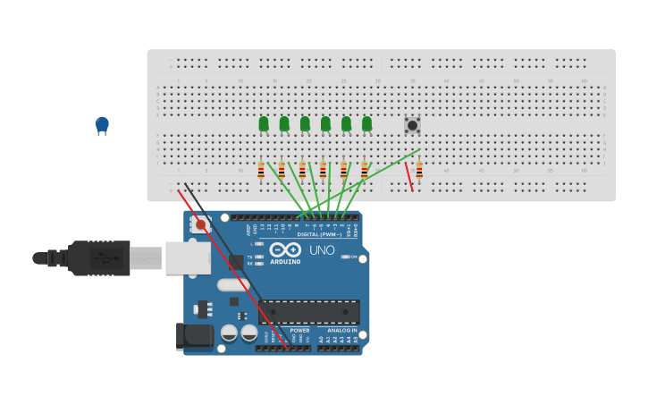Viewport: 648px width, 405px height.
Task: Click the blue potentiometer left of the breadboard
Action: (102, 125)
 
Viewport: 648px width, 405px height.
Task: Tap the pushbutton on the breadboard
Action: (412, 125)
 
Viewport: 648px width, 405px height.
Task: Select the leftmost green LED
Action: (264, 124)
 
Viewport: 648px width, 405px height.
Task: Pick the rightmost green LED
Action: (366, 124)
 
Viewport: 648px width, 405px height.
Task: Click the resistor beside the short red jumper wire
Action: (419, 170)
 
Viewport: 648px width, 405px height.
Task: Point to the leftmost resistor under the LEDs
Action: (261, 170)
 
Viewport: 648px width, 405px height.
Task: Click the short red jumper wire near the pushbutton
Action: (409, 176)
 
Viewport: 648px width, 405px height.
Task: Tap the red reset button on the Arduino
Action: (201, 225)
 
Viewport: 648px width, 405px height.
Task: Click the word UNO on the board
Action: (322, 250)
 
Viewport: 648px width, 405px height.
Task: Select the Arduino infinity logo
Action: (285, 249)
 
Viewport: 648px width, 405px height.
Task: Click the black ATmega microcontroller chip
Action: (309, 311)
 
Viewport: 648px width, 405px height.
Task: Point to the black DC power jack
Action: (195, 336)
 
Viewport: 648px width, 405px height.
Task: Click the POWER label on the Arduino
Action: (299, 330)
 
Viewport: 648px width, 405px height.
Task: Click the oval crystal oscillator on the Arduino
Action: (232, 285)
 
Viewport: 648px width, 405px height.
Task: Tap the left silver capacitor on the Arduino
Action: (229, 333)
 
